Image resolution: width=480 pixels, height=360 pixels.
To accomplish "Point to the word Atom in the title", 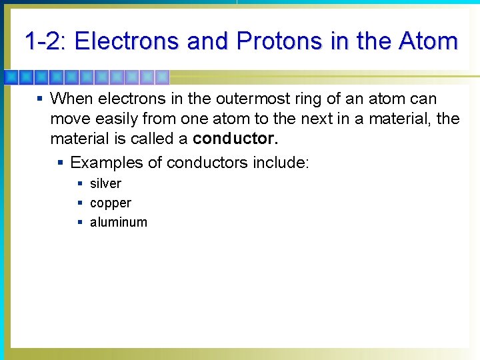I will [428, 41].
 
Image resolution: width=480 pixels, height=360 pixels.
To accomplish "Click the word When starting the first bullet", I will [71, 99].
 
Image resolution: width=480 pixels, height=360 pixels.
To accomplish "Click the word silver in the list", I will [105, 183].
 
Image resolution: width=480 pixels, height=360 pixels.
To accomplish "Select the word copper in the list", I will [111, 203].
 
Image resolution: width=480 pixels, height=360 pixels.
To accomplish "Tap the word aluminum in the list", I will [119, 222].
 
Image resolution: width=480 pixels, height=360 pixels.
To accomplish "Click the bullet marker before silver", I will [80, 183].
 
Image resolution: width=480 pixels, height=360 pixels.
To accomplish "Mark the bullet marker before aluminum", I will [80, 222].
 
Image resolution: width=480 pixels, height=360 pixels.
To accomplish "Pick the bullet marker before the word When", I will [40, 99].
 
